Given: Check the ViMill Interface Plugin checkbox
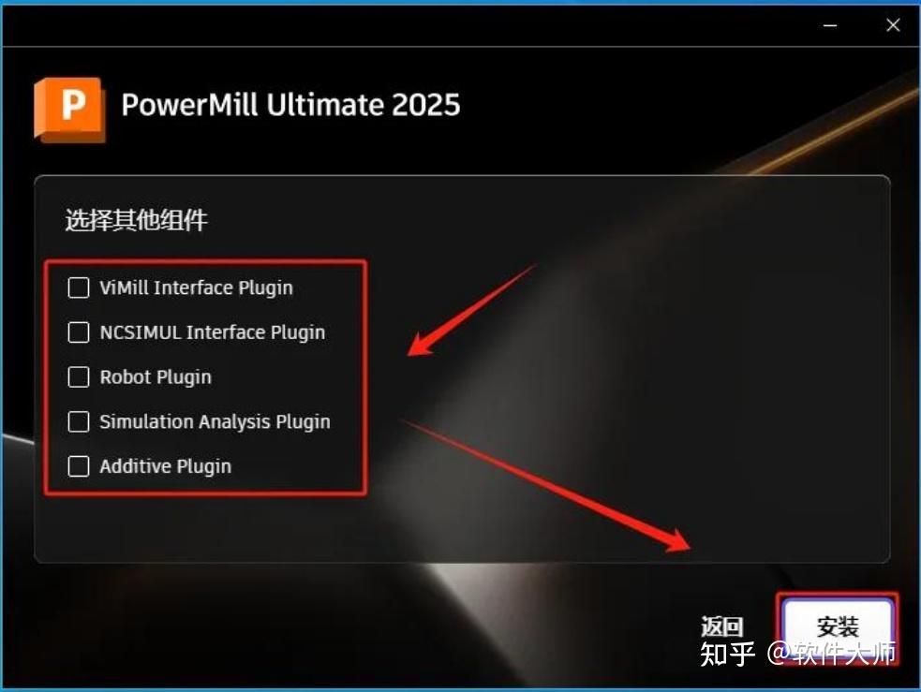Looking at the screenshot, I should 79,287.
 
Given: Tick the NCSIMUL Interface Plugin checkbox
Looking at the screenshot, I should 79,332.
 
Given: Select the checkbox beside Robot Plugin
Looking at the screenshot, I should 79,377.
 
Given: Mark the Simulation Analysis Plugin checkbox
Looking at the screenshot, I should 79,421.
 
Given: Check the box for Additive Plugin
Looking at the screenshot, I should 79,466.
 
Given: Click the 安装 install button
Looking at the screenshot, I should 838,626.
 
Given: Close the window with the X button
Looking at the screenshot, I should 893,26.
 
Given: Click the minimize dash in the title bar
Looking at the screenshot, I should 830,26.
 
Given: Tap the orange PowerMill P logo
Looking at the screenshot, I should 69,108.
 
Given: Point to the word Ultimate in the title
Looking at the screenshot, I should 318,104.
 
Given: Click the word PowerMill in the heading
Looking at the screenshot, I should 189,104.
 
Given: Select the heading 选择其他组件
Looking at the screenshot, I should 136,221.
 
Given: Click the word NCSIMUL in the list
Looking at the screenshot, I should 140,332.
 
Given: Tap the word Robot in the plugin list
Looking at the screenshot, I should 125,377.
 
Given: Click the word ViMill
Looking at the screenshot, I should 124,287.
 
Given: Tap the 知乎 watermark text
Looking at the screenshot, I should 727,653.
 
